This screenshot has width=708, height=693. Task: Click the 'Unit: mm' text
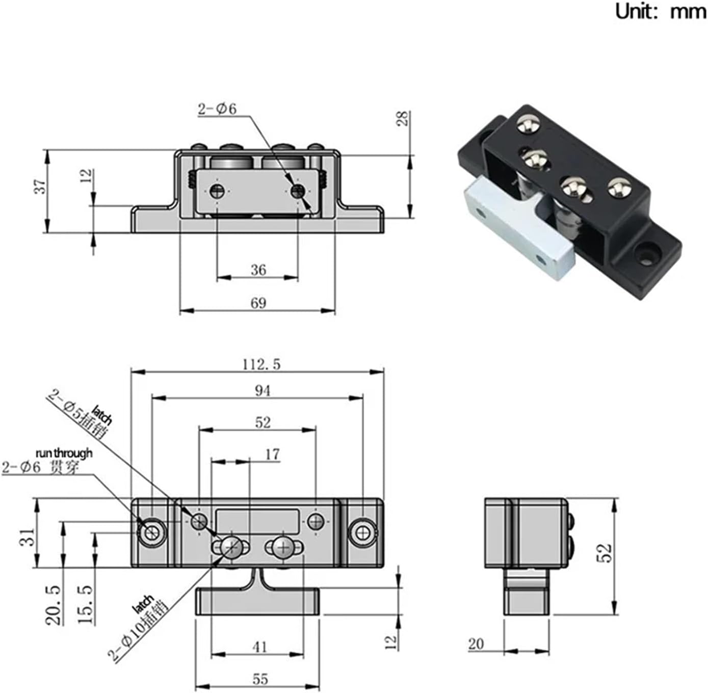[x=661, y=11]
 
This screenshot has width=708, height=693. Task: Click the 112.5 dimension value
[x=261, y=364]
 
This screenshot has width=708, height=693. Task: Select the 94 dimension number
[x=262, y=390]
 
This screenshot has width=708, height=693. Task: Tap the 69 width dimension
[x=258, y=303]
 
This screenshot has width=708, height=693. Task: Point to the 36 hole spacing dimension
[x=258, y=270]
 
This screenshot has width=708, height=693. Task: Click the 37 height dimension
[x=41, y=186]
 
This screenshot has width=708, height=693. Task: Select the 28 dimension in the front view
[x=403, y=119]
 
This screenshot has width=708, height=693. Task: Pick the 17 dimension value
[x=273, y=454]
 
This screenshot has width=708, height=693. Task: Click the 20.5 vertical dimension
[x=54, y=605]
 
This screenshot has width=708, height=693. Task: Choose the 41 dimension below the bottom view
[x=259, y=647]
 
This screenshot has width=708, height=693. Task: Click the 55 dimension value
[x=259, y=679]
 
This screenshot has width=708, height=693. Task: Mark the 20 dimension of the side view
[x=476, y=644]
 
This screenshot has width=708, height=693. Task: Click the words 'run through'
[x=64, y=452]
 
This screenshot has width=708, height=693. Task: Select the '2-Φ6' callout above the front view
[x=217, y=109]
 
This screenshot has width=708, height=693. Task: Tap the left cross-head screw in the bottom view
[x=231, y=548]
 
